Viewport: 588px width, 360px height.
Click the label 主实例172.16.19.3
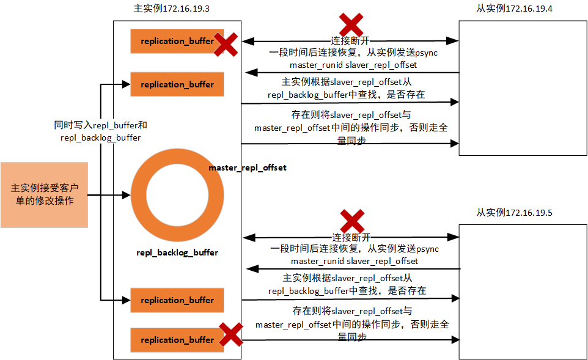[167, 9]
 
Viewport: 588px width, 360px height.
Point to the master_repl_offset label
[248, 167]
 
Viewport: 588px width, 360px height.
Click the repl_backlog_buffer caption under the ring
[177, 252]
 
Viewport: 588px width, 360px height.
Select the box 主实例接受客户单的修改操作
[44, 195]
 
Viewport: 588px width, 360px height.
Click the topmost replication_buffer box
[177, 41]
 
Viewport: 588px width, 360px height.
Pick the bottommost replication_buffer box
[177, 340]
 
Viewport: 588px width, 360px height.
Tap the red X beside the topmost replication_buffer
[226, 45]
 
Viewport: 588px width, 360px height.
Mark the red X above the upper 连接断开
[351, 24]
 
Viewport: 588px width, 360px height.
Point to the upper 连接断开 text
[350, 41]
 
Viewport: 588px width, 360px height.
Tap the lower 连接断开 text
[351, 237]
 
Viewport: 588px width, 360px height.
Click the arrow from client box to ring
[109, 195]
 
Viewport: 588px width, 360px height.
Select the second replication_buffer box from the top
[177, 84]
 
